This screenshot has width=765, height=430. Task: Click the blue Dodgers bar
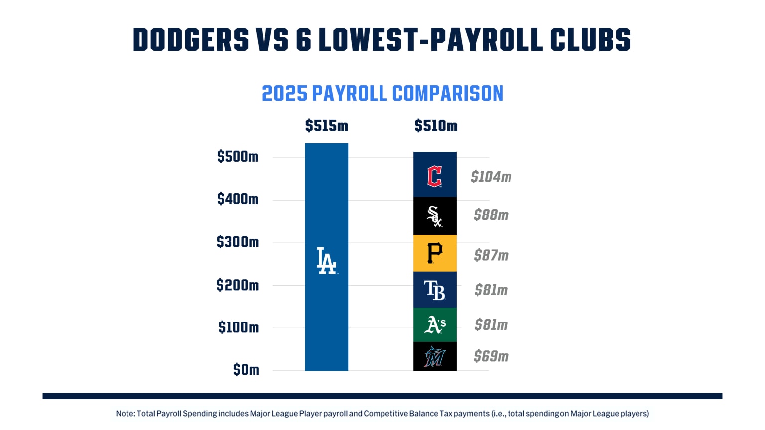[326, 199]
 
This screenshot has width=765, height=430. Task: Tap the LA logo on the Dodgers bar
[327, 261]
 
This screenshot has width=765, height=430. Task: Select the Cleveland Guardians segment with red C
[435, 175]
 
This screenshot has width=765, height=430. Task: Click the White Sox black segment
[435, 216]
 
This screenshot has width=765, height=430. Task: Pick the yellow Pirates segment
[435, 253]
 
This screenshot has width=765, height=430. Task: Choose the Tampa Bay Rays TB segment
[435, 290]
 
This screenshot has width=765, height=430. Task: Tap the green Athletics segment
[435, 325]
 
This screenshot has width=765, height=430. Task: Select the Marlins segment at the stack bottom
[435, 356]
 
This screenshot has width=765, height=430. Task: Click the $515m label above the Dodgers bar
[327, 126]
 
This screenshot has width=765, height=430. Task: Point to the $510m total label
[436, 126]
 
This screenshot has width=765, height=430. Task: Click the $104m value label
[491, 177]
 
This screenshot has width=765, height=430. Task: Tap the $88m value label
[491, 215]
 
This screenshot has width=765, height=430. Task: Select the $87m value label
[491, 255]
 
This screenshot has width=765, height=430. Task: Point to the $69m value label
[491, 356]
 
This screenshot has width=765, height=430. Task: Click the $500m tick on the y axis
[238, 157]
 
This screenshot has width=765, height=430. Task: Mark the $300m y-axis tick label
[238, 242]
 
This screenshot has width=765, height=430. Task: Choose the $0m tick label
[246, 370]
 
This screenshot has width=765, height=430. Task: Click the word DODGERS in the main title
[191, 40]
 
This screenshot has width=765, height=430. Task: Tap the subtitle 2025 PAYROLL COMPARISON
[382, 94]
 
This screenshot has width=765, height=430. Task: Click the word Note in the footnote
[125, 413]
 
